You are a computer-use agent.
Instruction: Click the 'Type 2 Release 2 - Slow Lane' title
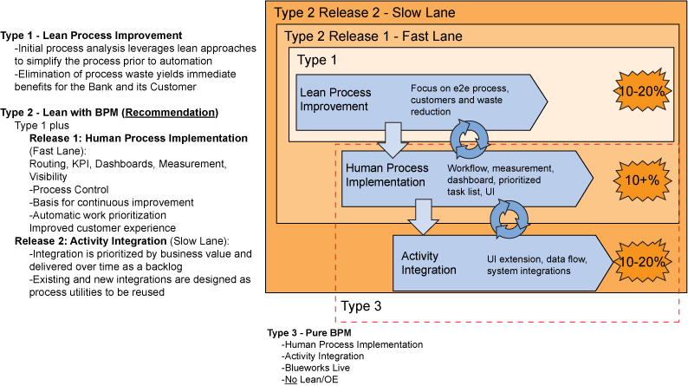[x=363, y=13]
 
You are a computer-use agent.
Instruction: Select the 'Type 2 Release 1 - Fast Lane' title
[x=373, y=36]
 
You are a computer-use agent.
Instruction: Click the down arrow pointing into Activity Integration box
[x=422, y=218]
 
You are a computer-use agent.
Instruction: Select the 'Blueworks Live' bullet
[x=316, y=368]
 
